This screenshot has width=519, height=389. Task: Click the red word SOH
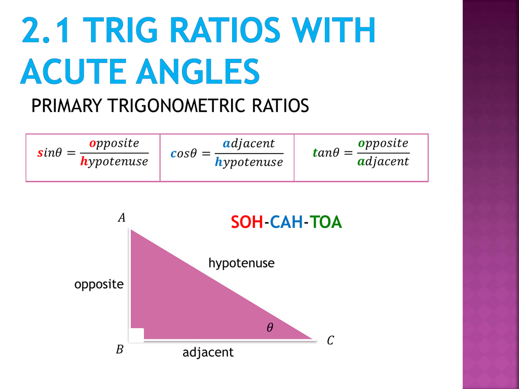(247, 222)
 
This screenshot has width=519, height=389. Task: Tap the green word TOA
(326, 222)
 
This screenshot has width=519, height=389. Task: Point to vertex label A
(122, 218)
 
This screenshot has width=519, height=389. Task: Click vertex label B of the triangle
(120, 349)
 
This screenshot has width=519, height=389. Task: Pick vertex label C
(330, 340)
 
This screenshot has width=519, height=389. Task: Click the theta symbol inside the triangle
(270, 328)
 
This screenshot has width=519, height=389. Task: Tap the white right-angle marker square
(137, 335)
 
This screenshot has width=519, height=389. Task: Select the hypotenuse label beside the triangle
(241, 263)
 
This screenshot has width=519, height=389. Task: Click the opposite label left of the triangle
(99, 285)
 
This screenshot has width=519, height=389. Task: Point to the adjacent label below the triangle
(208, 353)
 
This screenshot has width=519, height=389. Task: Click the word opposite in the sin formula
(114, 144)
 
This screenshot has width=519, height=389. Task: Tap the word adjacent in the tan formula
(383, 162)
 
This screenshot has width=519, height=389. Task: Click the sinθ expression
(50, 153)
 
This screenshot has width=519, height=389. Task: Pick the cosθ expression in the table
(183, 153)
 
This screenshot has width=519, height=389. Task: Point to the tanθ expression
(326, 152)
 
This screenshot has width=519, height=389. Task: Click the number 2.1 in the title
(46, 30)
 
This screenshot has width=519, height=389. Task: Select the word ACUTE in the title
(74, 71)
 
